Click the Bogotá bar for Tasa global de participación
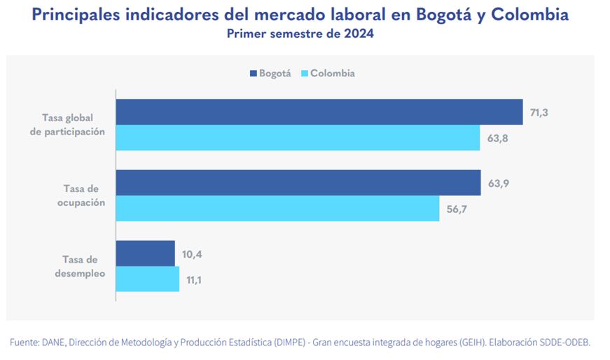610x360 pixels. pos(319,112)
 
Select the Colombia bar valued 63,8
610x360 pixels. pos(298,138)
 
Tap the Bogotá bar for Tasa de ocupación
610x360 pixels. pos(298,183)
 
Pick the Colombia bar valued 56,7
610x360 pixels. pos(277,209)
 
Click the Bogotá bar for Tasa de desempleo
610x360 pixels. pos(145,254)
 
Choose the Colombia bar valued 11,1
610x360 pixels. pos(147,279)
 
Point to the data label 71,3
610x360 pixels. pos(539,112)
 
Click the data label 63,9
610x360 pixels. pos(498,183)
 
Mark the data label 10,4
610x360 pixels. pos(191,254)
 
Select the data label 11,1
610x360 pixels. pos(195,279)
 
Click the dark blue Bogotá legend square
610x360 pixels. pos(253,74)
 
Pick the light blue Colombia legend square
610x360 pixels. pos(304,74)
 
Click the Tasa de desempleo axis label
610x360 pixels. pos(80,267)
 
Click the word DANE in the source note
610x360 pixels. pos(53,342)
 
